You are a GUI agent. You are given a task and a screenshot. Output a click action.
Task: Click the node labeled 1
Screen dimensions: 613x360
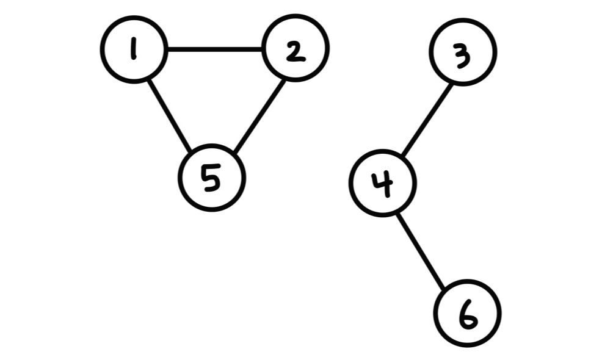134,49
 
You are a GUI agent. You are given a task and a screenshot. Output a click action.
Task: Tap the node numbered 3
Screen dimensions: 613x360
463,52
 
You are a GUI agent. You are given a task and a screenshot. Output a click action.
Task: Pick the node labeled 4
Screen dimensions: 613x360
383,183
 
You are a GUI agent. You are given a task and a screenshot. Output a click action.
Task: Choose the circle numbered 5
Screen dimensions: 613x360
211,178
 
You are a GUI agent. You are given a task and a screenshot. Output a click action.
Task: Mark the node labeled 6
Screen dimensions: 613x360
467,313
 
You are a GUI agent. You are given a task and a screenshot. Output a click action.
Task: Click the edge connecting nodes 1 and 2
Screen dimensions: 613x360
214,49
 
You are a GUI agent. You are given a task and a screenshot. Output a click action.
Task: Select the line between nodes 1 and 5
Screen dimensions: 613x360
172,113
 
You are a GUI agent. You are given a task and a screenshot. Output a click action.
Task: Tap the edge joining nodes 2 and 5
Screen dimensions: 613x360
258,116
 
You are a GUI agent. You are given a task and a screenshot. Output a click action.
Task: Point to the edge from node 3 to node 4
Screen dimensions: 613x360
427,118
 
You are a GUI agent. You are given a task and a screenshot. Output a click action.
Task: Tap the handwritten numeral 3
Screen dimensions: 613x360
463,56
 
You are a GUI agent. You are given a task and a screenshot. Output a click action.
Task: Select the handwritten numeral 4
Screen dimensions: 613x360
383,183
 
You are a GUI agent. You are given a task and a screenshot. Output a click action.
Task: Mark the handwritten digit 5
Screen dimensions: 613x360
211,179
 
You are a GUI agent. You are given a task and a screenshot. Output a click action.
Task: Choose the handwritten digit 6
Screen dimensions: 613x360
467,315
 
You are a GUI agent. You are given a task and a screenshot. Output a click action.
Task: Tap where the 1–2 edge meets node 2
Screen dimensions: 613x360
263,49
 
